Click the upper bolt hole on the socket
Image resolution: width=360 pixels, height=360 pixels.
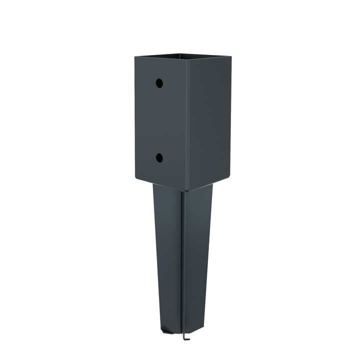(x=159, y=82)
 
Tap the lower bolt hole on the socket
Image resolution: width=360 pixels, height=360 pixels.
(x=159, y=157)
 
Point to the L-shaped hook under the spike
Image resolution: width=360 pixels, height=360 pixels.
(x=186, y=337)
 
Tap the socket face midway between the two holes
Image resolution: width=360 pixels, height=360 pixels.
(x=159, y=120)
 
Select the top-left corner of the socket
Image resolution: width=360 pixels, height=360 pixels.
(x=134, y=56)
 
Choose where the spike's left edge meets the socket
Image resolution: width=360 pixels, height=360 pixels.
(x=153, y=184)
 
